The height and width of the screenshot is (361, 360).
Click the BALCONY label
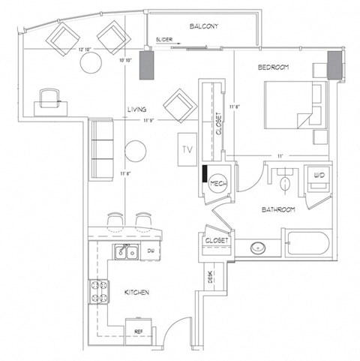point(204,26)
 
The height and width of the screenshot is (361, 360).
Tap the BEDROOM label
point(274,68)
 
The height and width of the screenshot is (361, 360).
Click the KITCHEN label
point(141,291)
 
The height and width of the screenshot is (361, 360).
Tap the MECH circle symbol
point(217,184)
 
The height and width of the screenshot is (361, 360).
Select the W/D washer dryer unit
point(318,177)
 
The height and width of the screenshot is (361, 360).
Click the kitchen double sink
point(125,251)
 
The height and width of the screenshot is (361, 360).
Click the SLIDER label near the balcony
point(165,38)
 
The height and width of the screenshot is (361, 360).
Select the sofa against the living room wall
point(100,148)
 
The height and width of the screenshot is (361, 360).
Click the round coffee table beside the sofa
point(136,151)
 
